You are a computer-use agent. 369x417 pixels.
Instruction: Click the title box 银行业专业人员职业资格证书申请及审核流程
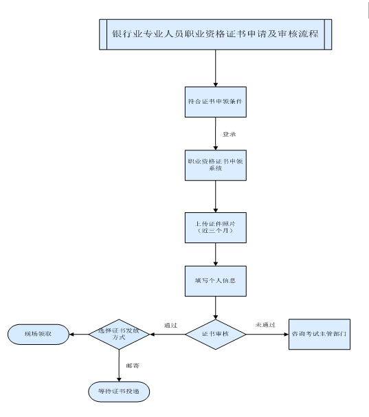tap(216, 34)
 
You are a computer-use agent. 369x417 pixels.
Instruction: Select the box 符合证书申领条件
tap(216, 102)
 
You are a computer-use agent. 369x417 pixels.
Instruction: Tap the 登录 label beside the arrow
tap(230, 134)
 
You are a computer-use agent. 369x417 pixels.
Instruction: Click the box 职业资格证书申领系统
tap(216, 165)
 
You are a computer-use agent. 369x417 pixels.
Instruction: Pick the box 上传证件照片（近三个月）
tap(216, 227)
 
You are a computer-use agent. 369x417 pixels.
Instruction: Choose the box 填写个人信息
tap(216, 281)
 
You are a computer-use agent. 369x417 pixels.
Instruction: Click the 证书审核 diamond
tap(216, 335)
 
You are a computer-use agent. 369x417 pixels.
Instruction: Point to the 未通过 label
tap(265, 325)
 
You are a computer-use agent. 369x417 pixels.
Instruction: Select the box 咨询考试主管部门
tap(320, 335)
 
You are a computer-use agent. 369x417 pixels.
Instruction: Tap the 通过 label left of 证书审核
tap(170, 325)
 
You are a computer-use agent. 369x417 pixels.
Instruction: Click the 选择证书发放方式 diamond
tap(119, 335)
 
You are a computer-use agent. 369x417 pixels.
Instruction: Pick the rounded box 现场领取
tap(38, 335)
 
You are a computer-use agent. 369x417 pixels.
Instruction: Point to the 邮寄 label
tap(133, 365)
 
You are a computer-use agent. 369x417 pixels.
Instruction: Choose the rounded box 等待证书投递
tap(119, 392)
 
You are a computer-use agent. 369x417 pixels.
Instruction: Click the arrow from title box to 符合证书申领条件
tap(216, 68)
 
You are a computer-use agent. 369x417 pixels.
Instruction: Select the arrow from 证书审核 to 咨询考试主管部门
tap(267, 335)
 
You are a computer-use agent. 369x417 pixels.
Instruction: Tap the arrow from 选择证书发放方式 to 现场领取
tap(79, 335)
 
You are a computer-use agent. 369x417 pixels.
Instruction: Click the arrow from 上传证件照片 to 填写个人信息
tap(216, 254)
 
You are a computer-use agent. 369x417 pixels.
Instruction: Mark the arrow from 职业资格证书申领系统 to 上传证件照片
tap(216, 196)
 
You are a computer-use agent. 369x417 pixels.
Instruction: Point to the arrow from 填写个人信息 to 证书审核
tap(216, 308)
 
